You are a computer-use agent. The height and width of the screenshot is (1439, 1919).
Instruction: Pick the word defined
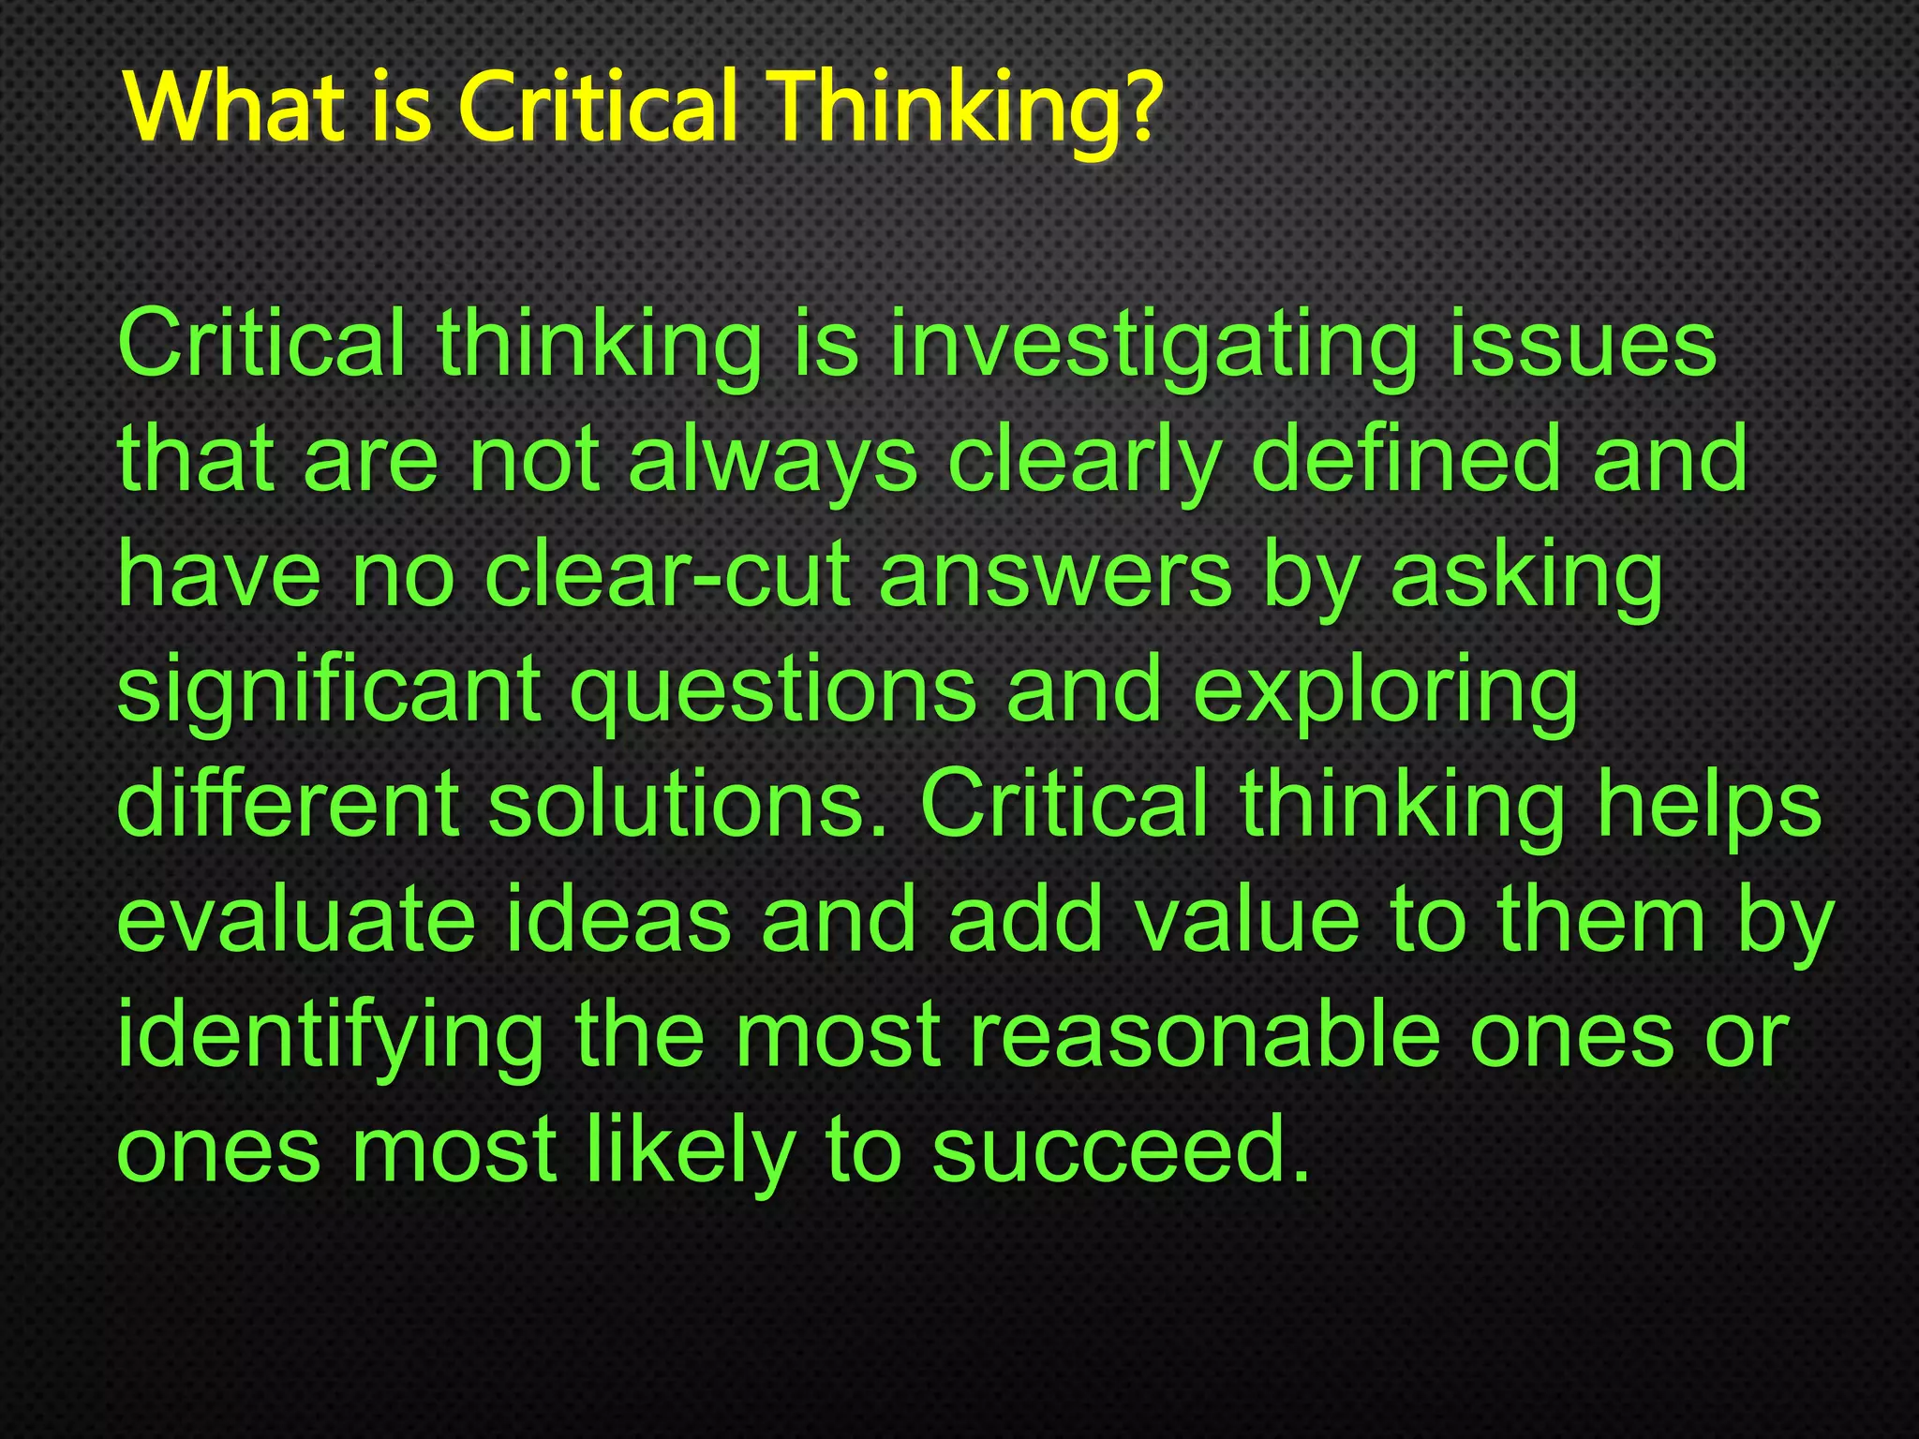[x=1406, y=459]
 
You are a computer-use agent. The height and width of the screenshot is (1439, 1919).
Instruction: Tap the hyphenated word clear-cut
[x=667, y=575]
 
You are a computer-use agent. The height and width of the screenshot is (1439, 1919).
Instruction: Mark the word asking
[x=1527, y=577]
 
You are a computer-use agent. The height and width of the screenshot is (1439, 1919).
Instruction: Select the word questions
[x=774, y=693]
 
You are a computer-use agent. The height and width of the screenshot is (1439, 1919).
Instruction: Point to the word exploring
[x=1386, y=693]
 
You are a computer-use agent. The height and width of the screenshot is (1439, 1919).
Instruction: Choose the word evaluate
[x=296, y=922]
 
